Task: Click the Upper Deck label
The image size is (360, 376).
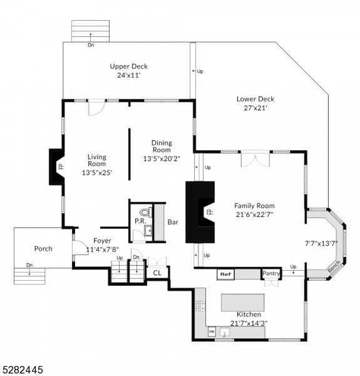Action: pyautogui.click(x=128, y=66)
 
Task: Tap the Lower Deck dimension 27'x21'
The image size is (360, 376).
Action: pyautogui.click(x=255, y=108)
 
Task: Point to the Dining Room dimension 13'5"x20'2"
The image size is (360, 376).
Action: pyautogui.click(x=161, y=159)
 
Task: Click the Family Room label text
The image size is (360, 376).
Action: pyautogui.click(x=254, y=206)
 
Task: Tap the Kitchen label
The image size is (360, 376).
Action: pyautogui.click(x=248, y=314)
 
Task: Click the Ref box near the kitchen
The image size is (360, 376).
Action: pyautogui.click(x=225, y=274)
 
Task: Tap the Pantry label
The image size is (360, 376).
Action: pyautogui.click(x=270, y=273)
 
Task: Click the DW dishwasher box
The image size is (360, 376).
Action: pyautogui.click(x=212, y=332)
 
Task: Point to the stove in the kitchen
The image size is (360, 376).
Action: pyautogui.click(x=201, y=306)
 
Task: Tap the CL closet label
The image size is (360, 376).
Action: pyautogui.click(x=157, y=273)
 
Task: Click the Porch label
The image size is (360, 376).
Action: pyautogui.click(x=43, y=249)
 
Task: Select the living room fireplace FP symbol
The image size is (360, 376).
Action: pyautogui.click(x=61, y=167)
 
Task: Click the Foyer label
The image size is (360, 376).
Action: pyautogui.click(x=102, y=241)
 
